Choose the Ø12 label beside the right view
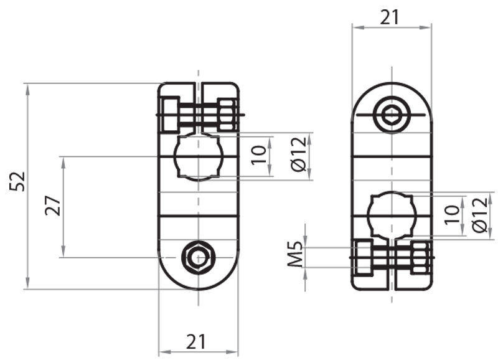479,215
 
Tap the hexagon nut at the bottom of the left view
198,257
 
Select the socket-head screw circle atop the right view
392,115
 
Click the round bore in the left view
198,156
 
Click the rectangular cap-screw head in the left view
170,115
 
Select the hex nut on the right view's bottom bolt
420,257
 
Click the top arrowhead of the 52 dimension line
27,87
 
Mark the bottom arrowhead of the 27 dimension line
63,252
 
